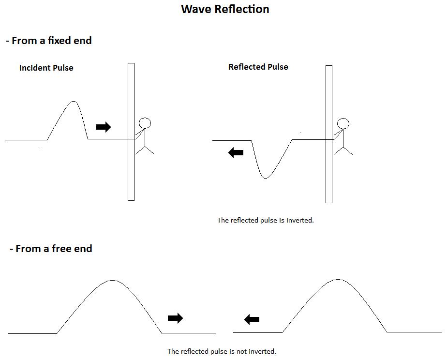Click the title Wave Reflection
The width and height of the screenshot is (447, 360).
[225, 9]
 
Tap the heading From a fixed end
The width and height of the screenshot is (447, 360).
[49, 41]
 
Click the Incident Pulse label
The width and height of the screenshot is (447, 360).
[46, 68]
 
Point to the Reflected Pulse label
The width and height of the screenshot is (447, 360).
[258, 67]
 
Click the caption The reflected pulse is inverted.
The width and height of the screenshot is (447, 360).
[265, 220]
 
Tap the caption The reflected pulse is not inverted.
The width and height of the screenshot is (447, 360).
[222, 351]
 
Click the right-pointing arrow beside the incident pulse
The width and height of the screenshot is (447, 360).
[103, 127]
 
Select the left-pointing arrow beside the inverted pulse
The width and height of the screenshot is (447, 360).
[236, 153]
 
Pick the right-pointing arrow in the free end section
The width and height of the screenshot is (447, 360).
[175, 318]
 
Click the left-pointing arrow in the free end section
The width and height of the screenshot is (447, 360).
[252, 319]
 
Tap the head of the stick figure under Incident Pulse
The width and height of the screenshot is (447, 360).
[145, 123]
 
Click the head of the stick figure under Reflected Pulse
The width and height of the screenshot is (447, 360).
[343, 123]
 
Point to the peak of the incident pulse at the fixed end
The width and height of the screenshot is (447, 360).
[74, 102]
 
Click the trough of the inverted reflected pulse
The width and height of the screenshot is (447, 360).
[265, 178]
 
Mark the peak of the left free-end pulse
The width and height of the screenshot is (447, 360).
[112, 281]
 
